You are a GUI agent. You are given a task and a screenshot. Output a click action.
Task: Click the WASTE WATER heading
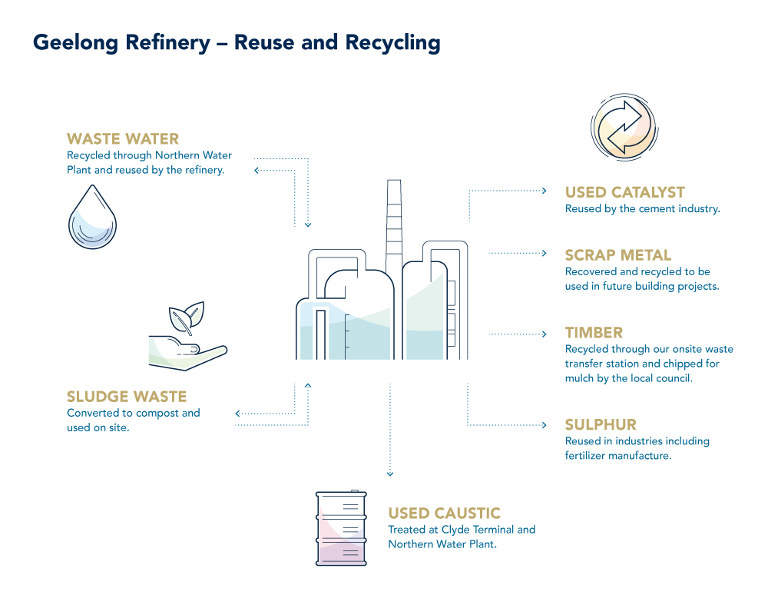pyautogui.click(x=123, y=139)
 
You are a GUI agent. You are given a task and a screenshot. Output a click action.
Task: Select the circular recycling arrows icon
pyautogui.click(x=623, y=126)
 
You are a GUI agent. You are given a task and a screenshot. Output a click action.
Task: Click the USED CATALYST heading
pyautogui.click(x=624, y=192)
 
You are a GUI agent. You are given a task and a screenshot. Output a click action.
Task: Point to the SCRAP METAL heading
pyautogui.click(x=618, y=255)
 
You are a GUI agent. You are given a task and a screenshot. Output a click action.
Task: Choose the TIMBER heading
pyautogui.click(x=594, y=333)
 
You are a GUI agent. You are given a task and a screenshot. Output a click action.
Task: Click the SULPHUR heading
pyautogui.click(x=601, y=425)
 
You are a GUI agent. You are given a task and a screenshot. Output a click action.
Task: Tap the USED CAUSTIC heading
pyautogui.click(x=444, y=514)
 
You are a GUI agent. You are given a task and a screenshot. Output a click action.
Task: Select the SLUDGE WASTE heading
pyautogui.click(x=127, y=397)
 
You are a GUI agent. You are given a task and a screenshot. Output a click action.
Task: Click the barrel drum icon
pyautogui.click(x=341, y=528)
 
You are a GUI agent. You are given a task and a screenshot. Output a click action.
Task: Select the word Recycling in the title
pyautogui.click(x=393, y=43)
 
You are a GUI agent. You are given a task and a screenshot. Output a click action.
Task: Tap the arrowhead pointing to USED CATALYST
pyautogui.click(x=544, y=190)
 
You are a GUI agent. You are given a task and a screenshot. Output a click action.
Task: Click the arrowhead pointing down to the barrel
pyautogui.click(x=390, y=474)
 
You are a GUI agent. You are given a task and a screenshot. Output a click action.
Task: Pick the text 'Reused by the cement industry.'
pyautogui.click(x=642, y=209)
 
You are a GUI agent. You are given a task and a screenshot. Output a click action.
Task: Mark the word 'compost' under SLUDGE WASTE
pyautogui.click(x=160, y=413)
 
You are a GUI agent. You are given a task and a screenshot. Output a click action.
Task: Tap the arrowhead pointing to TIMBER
pyautogui.click(x=544, y=334)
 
